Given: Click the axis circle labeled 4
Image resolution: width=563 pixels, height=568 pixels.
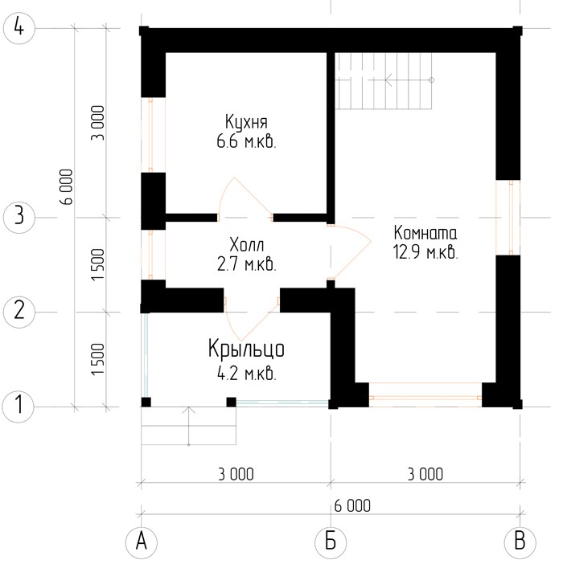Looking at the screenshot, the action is click(18, 28).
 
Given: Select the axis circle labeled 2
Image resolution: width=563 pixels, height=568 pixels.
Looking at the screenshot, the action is click(18, 312).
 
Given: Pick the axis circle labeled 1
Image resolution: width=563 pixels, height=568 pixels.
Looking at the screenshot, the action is click(18, 407).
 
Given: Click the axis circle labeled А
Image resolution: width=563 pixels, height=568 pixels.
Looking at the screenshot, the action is click(141, 542).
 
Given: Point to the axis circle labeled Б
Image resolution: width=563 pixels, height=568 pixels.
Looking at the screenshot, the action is click(331, 542).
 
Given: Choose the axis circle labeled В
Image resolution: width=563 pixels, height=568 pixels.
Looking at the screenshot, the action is click(520, 542).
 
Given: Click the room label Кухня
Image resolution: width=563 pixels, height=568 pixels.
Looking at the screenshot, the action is click(246, 122).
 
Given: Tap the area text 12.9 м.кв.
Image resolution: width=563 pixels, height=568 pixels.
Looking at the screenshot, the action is click(425, 251).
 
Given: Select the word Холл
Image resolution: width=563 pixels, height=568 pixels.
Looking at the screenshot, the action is click(247, 245).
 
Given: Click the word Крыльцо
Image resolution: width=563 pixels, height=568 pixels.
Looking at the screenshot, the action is click(246, 349).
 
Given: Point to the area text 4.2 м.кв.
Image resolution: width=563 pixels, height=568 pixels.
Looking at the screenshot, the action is click(247, 373).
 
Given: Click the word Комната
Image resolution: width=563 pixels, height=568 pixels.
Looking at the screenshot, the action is click(425, 233).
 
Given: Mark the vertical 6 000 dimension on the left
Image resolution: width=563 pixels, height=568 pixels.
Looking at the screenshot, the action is click(67, 186).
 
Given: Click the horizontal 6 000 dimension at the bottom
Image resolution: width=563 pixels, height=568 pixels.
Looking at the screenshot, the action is click(352, 505).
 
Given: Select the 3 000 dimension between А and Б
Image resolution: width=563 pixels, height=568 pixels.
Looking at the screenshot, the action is click(236, 474).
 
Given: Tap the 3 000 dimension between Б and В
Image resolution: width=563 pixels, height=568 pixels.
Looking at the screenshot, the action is click(425, 474).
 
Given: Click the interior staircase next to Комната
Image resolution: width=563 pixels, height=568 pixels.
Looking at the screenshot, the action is click(384, 81).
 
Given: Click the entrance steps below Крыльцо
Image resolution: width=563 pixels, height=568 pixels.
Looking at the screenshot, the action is click(189, 426).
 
